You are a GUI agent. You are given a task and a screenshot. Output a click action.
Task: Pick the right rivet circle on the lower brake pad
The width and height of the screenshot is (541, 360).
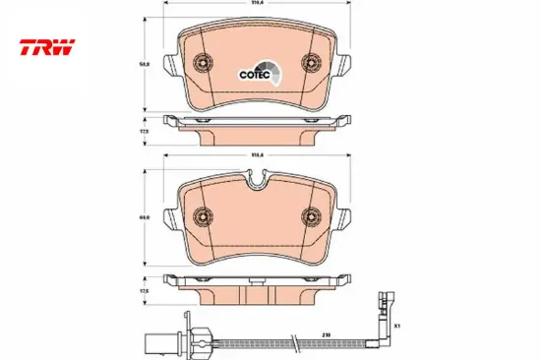tap(310, 214)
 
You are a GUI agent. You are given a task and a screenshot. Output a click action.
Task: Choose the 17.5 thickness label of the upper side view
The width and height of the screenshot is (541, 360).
tap(144, 129)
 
